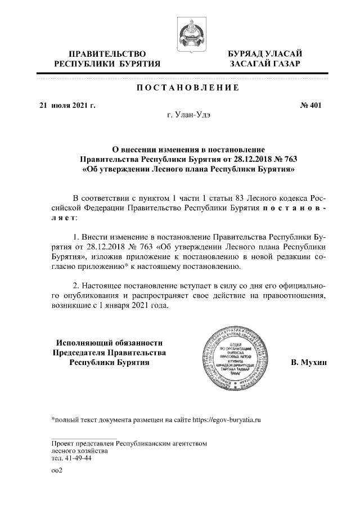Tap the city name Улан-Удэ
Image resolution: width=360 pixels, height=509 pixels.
(x=193, y=115)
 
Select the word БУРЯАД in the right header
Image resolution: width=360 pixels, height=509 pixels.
(x=246, y=53)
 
